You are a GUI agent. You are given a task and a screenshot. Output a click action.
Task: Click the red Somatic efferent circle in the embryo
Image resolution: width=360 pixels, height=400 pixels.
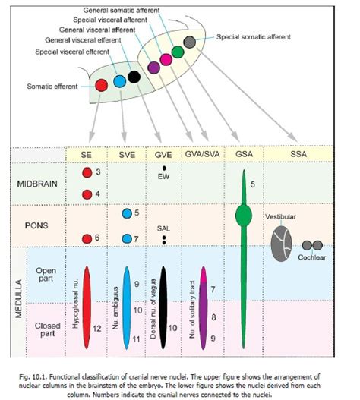coord(101,85)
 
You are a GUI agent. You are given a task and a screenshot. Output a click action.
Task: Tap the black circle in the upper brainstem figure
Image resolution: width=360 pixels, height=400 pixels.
coord(134,76)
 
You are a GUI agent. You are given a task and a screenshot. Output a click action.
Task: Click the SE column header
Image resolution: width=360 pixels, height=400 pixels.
coord(87,155)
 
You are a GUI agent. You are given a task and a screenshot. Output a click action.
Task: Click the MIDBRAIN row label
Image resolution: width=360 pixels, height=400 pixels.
coord(38,184)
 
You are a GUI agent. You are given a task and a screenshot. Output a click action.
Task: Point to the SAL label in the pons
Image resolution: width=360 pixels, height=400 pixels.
coord(163,227)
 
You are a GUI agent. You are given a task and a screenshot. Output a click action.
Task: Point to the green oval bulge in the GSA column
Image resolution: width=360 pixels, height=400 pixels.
coord(242,215)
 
